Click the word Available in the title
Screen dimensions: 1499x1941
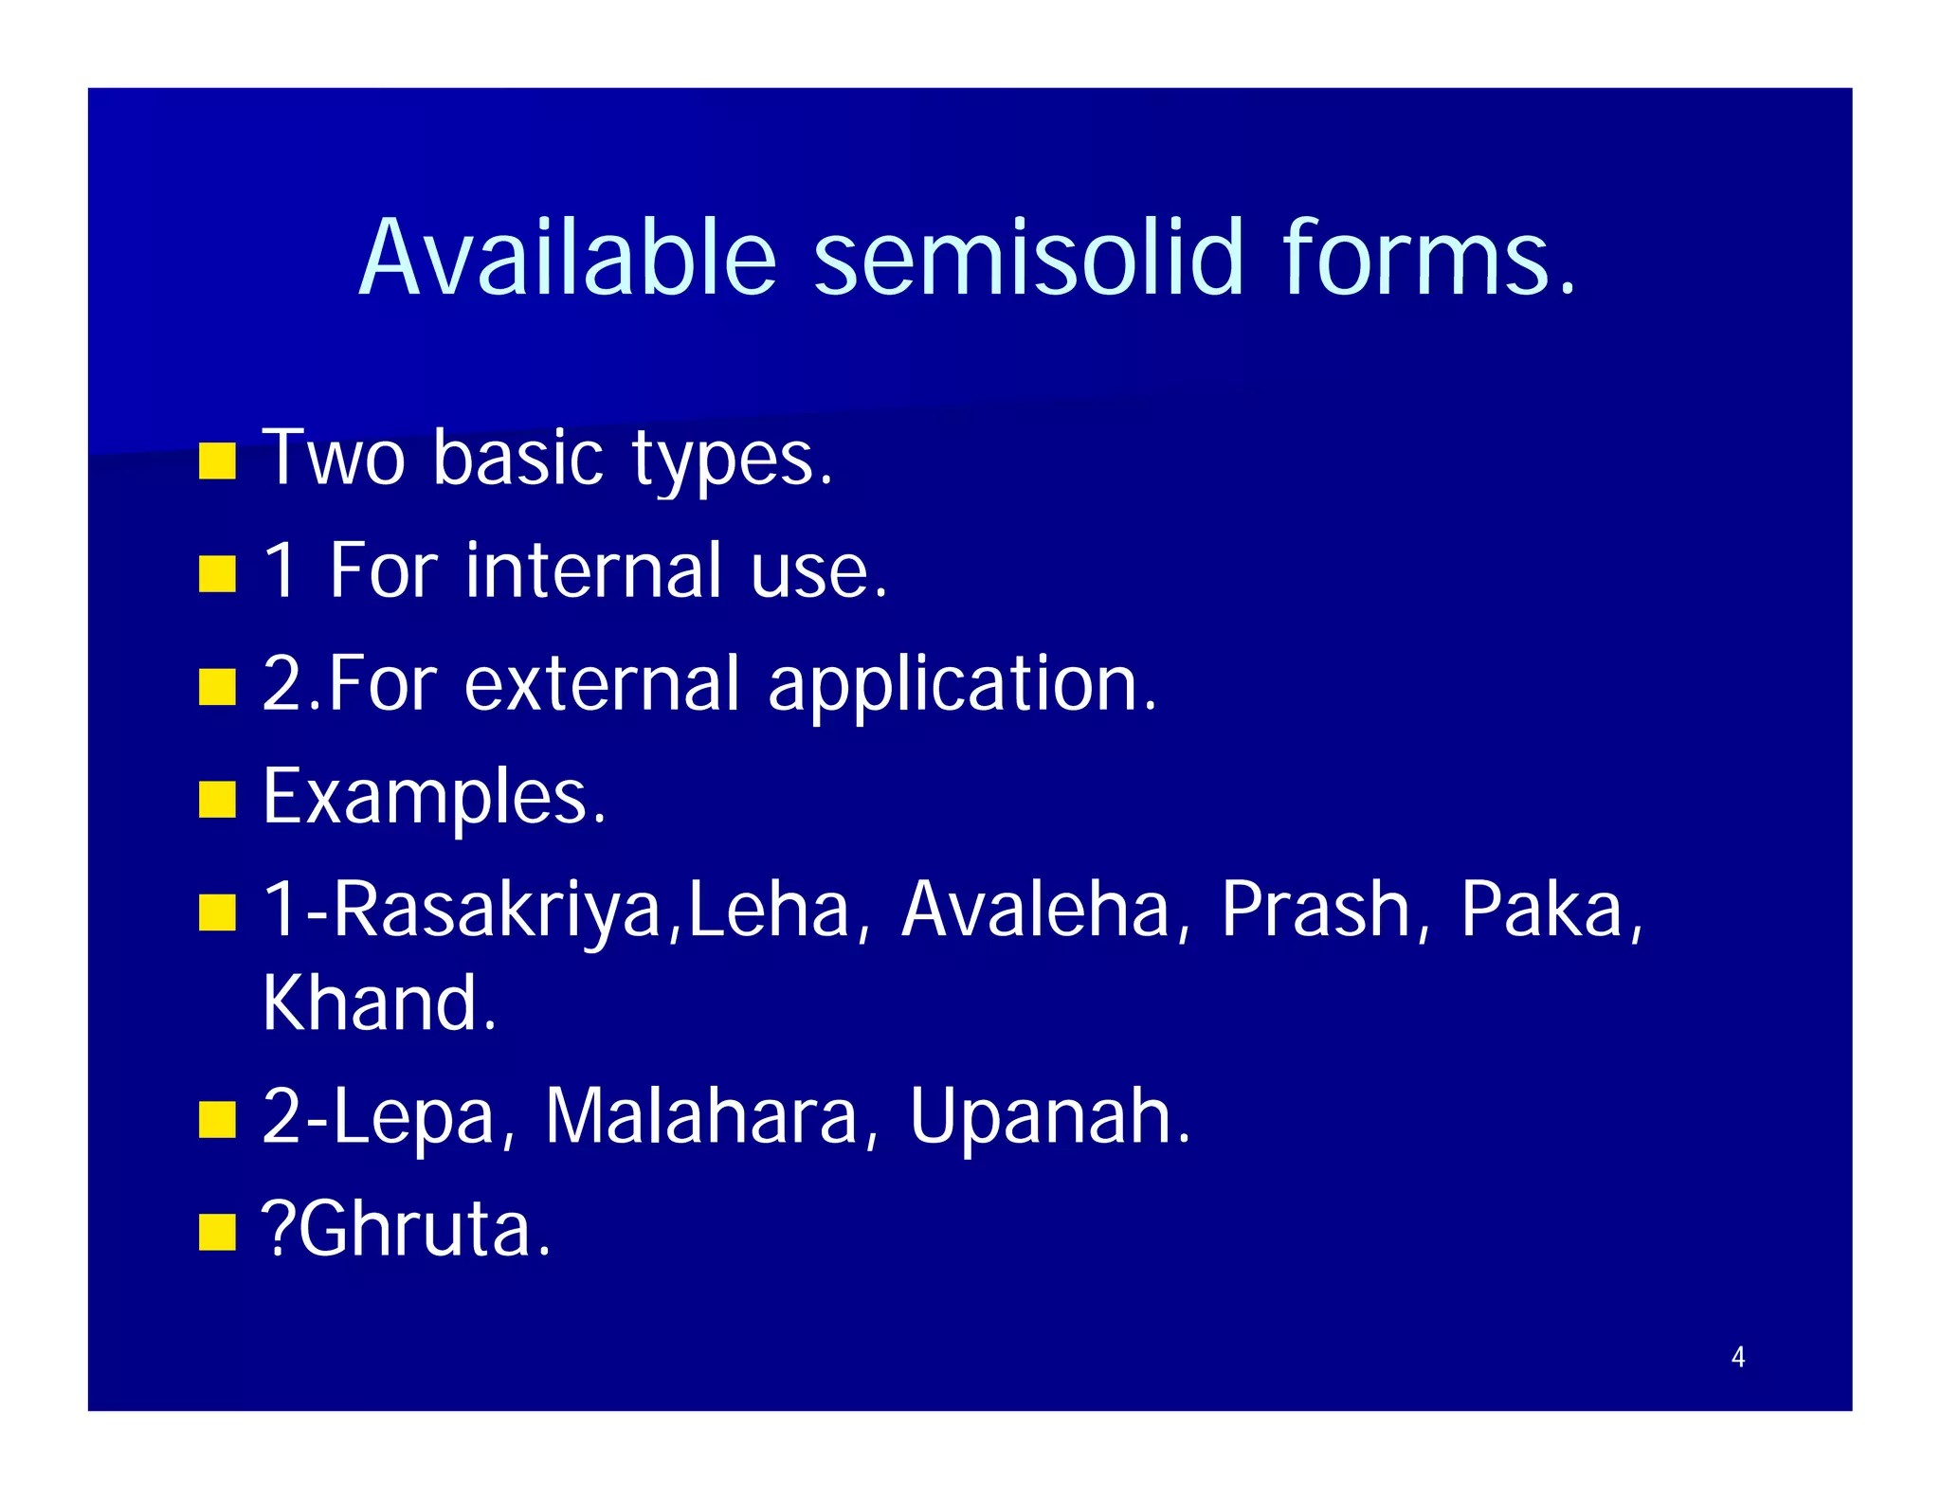(x=569, y=258)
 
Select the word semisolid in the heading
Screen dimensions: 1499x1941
(x=1027, y=258)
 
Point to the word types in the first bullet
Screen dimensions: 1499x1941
(x=732, y=461)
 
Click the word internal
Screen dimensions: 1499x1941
(x=593, y=571)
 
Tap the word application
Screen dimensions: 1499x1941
(x=961, y=685)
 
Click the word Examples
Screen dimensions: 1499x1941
(x=434, y=798)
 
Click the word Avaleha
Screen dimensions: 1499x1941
(x=1035, y=910)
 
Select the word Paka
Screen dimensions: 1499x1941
(x=1541, y=910)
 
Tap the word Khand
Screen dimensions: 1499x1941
(x=379, y=1003)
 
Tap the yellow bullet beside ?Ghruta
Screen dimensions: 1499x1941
(x=217, y=1233)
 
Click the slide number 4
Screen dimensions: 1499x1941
(x=1737, y=1357)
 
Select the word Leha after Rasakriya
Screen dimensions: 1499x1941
(x=768, y=910)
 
